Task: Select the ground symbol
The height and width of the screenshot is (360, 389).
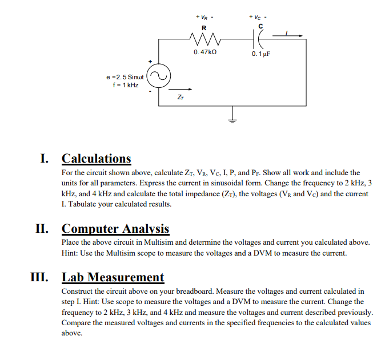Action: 232,119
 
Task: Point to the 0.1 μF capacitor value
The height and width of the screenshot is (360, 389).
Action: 260,54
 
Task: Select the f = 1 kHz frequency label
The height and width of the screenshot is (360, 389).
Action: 126,85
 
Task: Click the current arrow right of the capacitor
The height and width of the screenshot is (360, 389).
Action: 289,35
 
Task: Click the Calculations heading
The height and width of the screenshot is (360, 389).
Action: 96,159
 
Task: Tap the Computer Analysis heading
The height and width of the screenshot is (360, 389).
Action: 115,229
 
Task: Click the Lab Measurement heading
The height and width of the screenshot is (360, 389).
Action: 113,277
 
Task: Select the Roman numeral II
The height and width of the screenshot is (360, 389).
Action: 45,229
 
